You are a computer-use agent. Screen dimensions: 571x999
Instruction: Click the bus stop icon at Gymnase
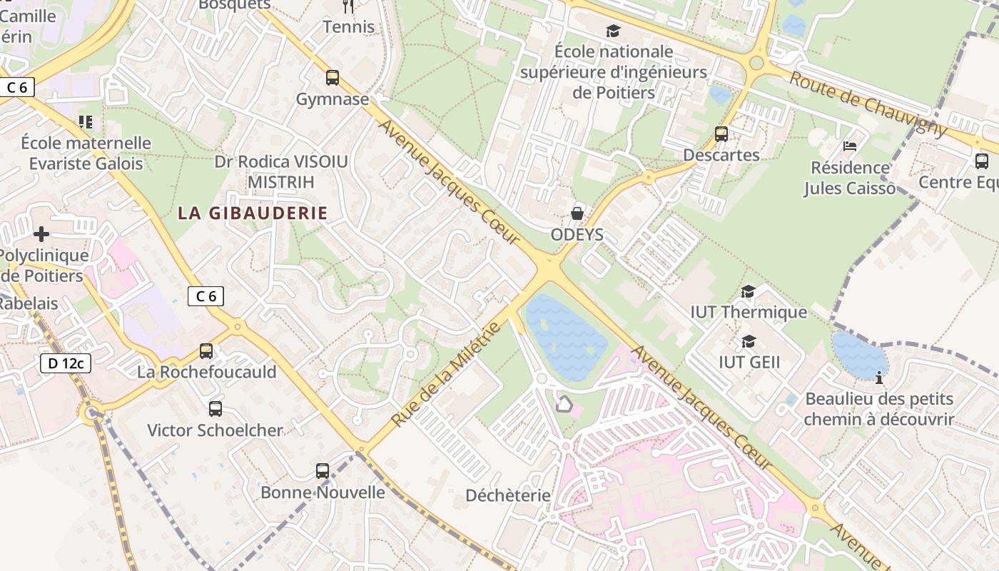(333, 78)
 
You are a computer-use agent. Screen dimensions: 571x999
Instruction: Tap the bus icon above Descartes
(721, 133)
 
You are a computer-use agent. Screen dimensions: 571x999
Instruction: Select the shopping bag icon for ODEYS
(577, 213)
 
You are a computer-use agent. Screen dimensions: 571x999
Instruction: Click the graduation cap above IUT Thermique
(748, 291)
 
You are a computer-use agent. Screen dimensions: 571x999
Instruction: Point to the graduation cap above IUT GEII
(749, 341)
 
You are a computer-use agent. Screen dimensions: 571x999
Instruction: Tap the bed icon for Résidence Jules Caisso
(850, 146)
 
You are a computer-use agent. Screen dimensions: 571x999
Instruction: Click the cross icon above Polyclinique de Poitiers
(41, 233)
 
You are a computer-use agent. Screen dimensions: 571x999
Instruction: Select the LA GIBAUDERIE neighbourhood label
(253, 213)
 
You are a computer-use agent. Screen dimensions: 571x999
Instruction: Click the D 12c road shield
(65, 363)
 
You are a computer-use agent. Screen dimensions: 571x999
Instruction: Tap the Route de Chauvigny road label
(868, 104)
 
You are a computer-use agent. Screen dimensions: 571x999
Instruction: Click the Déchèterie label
(508, 495)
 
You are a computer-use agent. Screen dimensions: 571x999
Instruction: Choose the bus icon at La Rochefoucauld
(206, 350)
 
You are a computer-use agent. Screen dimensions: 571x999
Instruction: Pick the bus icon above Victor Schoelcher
(215, 409)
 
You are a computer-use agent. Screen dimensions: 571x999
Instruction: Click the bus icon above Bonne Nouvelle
(323, 471)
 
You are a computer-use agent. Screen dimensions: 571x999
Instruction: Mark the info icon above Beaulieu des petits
(879, 377)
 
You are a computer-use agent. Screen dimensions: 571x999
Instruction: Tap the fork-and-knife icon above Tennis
(348, 6)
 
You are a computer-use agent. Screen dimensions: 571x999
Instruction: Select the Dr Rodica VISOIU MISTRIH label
(281, 172)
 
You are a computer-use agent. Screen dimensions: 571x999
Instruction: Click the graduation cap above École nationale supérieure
(613, 31)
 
